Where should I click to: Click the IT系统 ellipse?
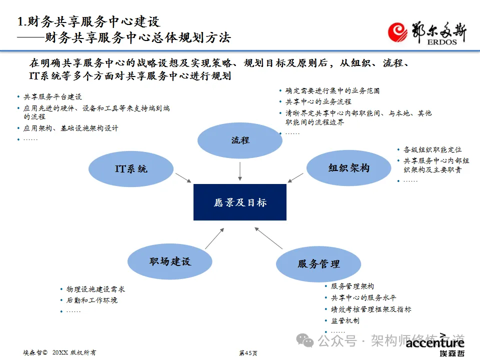[131, 169]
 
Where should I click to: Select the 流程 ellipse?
[240, 140]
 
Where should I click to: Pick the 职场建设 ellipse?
[170, 261]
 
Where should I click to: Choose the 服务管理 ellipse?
[318, 263]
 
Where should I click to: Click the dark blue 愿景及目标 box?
[240, 202]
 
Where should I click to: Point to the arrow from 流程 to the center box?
[240, 171]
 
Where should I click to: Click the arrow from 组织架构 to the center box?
[296, 177]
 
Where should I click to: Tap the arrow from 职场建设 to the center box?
[214, 238]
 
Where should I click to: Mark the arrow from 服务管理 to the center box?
[268, 238]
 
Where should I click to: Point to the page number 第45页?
[248, 353]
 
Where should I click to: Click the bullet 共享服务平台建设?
[52, 97]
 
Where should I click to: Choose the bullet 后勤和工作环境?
[92, 300]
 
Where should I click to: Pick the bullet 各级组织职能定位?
[432, 149]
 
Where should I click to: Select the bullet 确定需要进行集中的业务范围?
[332, 91]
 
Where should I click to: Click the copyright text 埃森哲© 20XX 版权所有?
[59, 352]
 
